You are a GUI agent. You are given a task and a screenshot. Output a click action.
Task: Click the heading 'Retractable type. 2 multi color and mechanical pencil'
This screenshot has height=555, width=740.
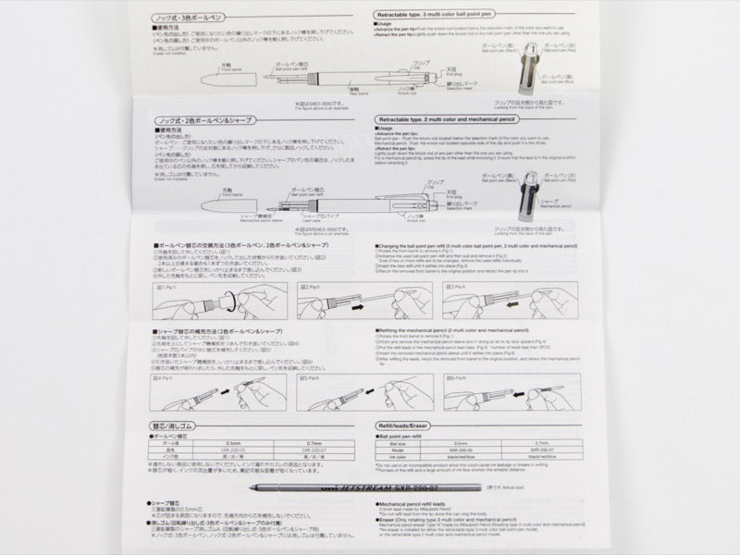[x=464, y=121]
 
